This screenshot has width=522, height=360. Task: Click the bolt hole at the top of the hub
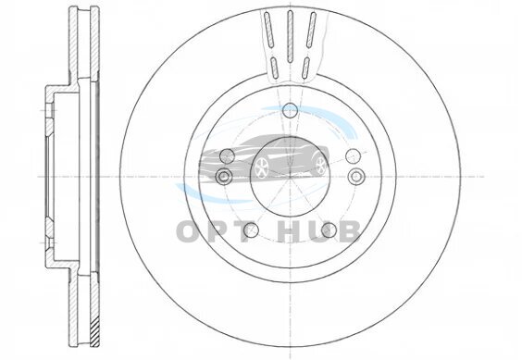[x=290, y=110]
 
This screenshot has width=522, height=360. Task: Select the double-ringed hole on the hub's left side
[x=224, y=176]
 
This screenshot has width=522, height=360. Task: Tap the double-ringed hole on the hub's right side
[x=356, y=176]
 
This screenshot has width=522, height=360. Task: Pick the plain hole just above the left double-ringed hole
[x=228, y=155]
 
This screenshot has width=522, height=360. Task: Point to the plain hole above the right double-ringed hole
[x=354, y=155]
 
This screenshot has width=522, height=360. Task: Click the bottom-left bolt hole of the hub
[x=251, y=230]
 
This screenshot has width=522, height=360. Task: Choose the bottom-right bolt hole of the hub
[x=329, y=230]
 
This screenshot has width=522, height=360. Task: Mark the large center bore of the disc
[x=290, y=176]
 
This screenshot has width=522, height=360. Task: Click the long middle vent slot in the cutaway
[x=290, y=36]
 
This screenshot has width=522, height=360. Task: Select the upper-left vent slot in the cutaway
[x=268, y=29]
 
